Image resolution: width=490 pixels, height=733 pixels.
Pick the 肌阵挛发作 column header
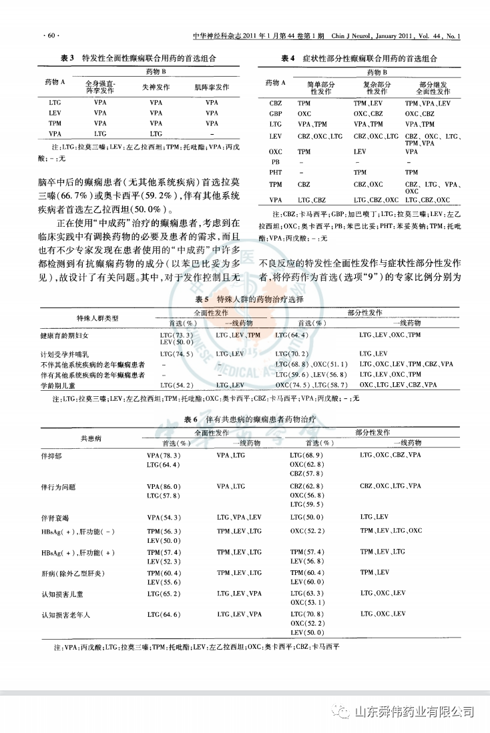[x=212, y=87]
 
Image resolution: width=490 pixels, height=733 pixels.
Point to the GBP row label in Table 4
[x=276, y=114]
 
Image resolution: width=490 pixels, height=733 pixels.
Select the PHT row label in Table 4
[x=276, y=172]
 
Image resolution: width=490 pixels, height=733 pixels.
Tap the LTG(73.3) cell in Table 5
[x=177, y=334]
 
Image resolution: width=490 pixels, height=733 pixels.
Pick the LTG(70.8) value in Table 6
[x=306, y=614]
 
